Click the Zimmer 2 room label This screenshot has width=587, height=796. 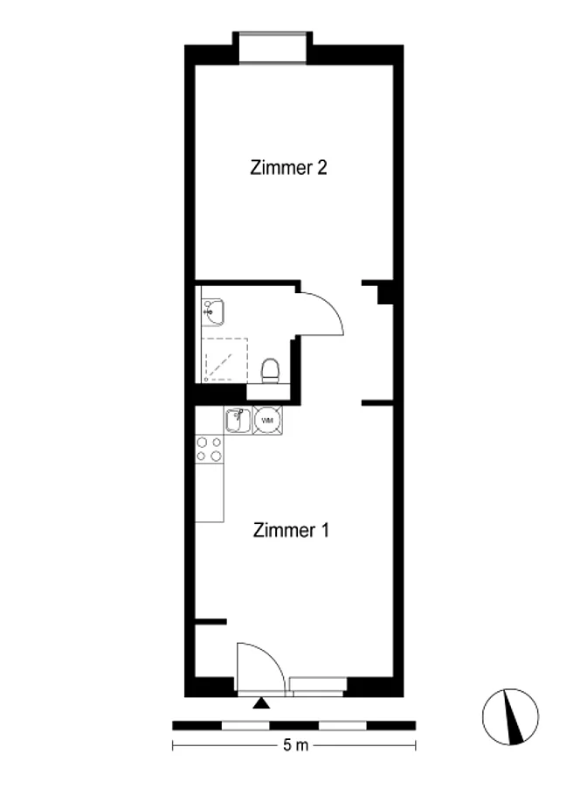288,168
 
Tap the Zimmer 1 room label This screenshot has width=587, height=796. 291,530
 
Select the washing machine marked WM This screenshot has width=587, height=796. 267,421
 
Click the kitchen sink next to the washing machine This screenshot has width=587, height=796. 238,421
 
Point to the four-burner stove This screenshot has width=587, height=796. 210,449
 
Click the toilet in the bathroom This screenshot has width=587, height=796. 271,371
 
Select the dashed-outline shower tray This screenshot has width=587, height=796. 225,360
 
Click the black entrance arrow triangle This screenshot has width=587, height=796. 260,702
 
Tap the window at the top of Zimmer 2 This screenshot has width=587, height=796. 273,48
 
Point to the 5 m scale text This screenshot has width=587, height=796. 295,745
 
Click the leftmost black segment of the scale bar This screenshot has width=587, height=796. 197,725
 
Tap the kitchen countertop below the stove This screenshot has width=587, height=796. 210,492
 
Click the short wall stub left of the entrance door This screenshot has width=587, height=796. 211,621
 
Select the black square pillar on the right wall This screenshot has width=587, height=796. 385,295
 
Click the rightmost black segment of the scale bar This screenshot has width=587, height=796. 391,725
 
